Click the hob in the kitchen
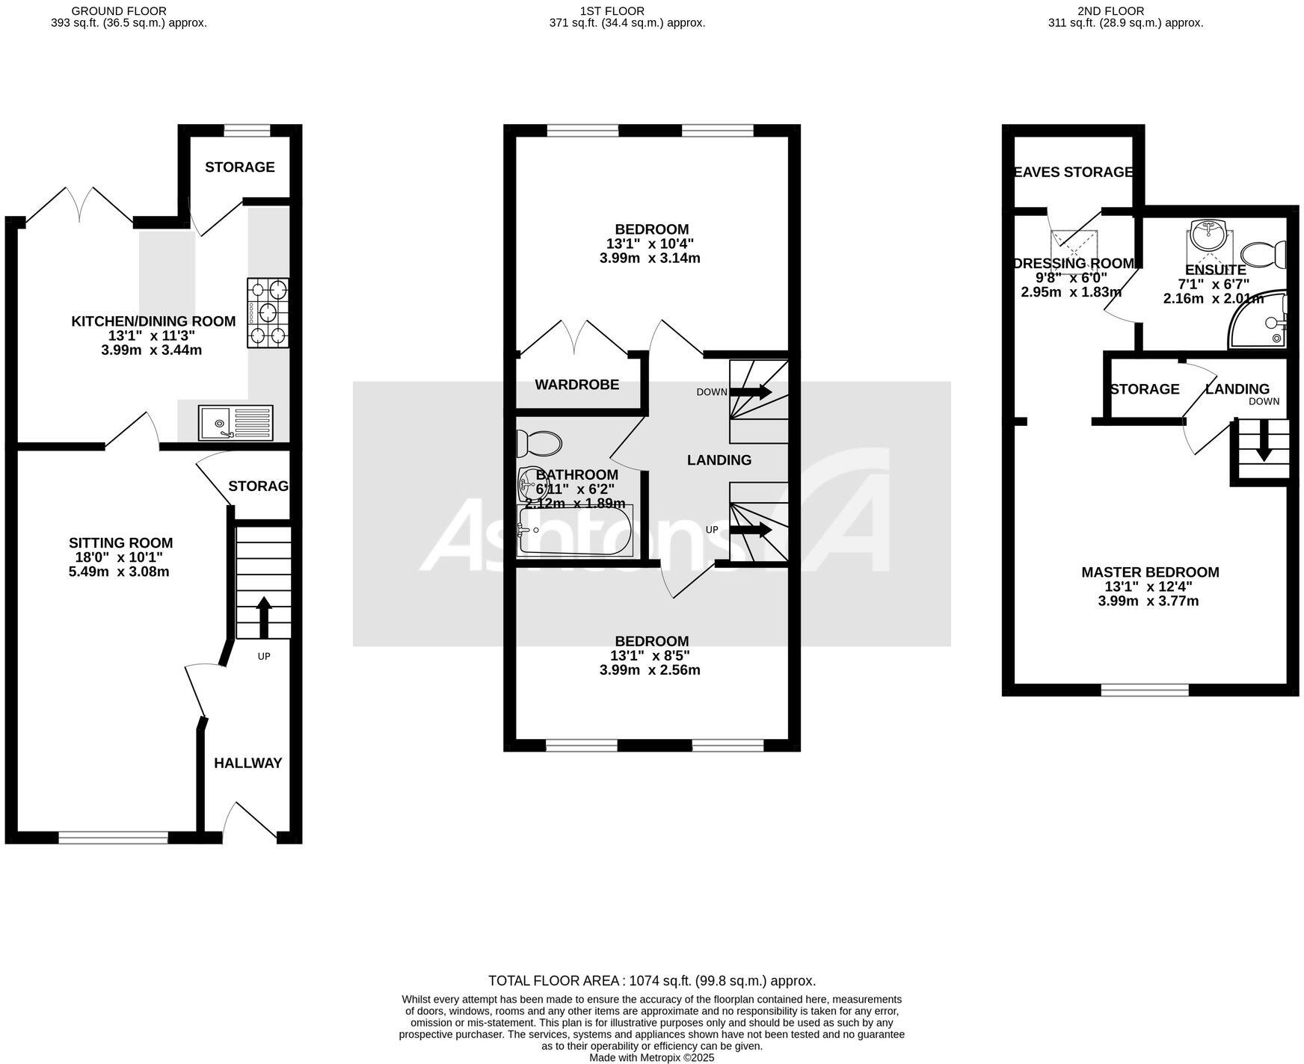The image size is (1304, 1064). [x=268, y=312]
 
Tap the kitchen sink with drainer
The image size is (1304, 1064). [x=236, y=422]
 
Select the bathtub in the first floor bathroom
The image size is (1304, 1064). [x=575, y=531]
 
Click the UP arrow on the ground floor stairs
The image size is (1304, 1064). [x=263, y=617]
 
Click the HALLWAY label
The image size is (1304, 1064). [x=248, y=763]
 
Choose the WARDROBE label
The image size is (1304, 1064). [x=576, y=385]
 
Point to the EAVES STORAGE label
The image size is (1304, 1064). [x=1073, y=173]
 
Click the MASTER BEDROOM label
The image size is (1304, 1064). [x=1150, y=572]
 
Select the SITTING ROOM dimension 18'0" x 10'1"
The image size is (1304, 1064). [x=120, y=557]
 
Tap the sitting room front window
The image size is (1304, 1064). [x=114, y=838]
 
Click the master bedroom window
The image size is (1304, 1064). [x=1145, y=690]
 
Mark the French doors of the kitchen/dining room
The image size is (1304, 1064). [x=80, y=204]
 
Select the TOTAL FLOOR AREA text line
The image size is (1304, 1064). [x=651, y=981]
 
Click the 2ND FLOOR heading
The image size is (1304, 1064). [x=1110, y=11]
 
